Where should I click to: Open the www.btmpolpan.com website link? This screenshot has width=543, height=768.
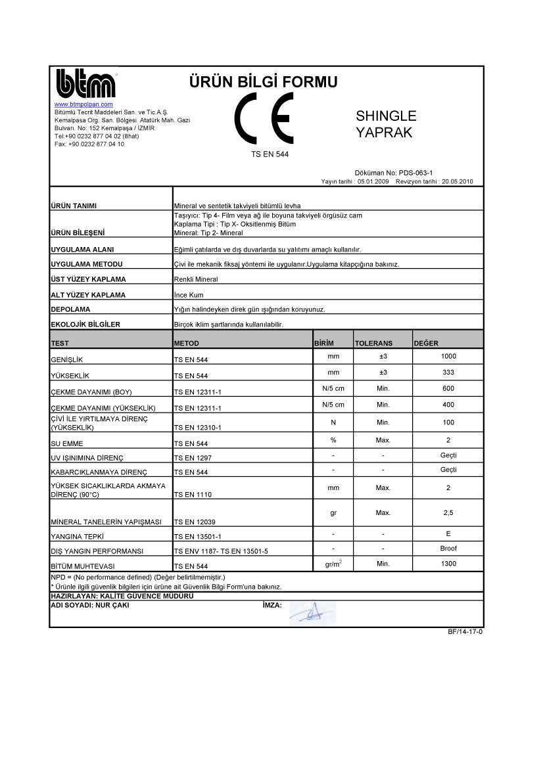tap(83, 104)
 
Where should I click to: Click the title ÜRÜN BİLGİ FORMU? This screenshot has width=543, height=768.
tap(263, 82)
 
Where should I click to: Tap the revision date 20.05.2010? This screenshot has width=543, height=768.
tap(458, 181)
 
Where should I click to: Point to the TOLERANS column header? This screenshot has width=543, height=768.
tap(373, 343)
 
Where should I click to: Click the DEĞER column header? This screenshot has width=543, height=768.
tap(426, 343)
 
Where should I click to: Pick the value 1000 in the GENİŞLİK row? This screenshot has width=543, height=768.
tap(448, 356)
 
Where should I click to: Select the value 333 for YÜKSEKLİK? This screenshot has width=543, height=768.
tap(448, 373)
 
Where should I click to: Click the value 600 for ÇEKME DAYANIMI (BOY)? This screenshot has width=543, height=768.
tap(448, 388)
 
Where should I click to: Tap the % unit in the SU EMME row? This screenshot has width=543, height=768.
tap(333, 440)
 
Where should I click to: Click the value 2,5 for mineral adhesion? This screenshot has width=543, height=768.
tap(448, 512)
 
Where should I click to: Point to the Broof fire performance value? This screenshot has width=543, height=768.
tap(448, 548)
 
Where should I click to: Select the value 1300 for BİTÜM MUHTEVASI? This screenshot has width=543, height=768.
tap(448, 563)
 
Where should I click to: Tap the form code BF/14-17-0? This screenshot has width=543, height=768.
tap(465, 632)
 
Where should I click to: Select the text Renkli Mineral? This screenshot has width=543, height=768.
tap(195, 279)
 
